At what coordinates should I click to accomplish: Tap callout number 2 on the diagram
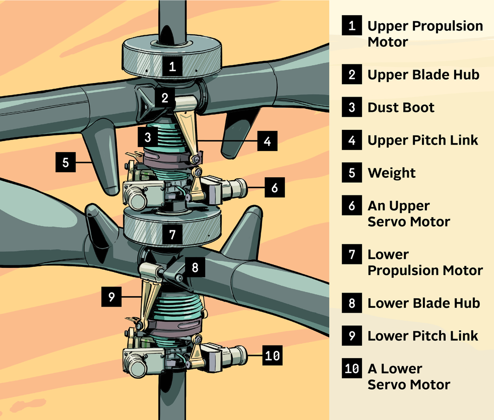pyautogui.click(x=165, y=98)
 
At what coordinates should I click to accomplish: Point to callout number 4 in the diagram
pyautogui.click(x=267, y=141)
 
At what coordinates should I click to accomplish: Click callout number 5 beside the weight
pyautogui.click(x=66, y=163)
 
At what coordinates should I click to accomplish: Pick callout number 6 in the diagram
pyautogui.click(x=274, y=188)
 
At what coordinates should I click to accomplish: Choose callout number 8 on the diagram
pyautogui.click(x=195, y=267)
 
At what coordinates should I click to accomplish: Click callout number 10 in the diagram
pyautogui.click(x=272, y=356)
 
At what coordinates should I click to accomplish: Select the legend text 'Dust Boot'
pyautogui.click(x=401, y=107)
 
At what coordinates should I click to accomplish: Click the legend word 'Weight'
pyautogui.click(x=392, y=173)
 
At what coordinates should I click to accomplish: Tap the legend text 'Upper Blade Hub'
pyautogui.click(x=423, y=75)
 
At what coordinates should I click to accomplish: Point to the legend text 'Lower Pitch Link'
pyautogui.click(x=423, y=336)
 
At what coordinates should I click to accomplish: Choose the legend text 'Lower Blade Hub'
pyautogui.click(x=423, y=303)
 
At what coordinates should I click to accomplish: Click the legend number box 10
pyautogui.click(x=351, y=369)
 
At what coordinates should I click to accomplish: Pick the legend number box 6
pyautogui.click(x=351, y=206)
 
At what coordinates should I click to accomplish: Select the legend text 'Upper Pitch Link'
pyautogui.click(x=423, y=140)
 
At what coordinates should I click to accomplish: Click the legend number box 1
pyautogui.click(x=351, y=26)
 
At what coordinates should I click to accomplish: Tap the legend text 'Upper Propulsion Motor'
pyautogui.click(x=425, y=34)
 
